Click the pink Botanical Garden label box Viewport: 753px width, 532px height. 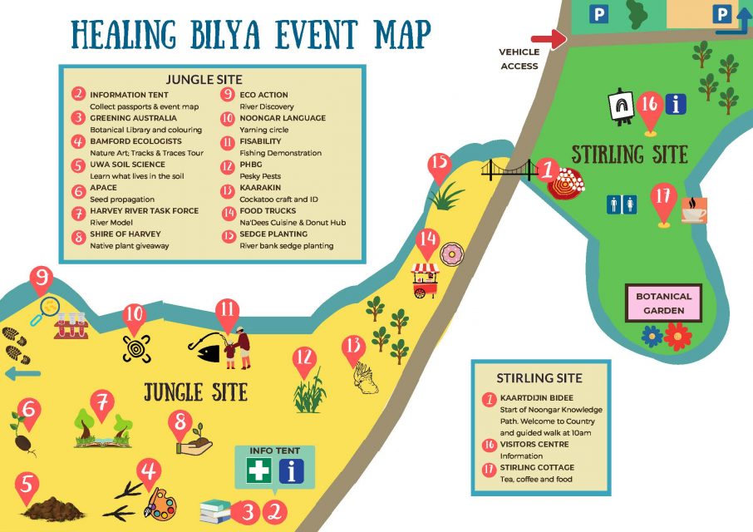click(663, 303)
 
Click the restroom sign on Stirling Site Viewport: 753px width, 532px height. click(623, 204)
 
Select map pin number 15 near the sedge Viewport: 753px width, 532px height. click(439, 165)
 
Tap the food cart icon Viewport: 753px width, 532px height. click(424, 278)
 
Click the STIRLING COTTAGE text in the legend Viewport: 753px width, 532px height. click(535, 467)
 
